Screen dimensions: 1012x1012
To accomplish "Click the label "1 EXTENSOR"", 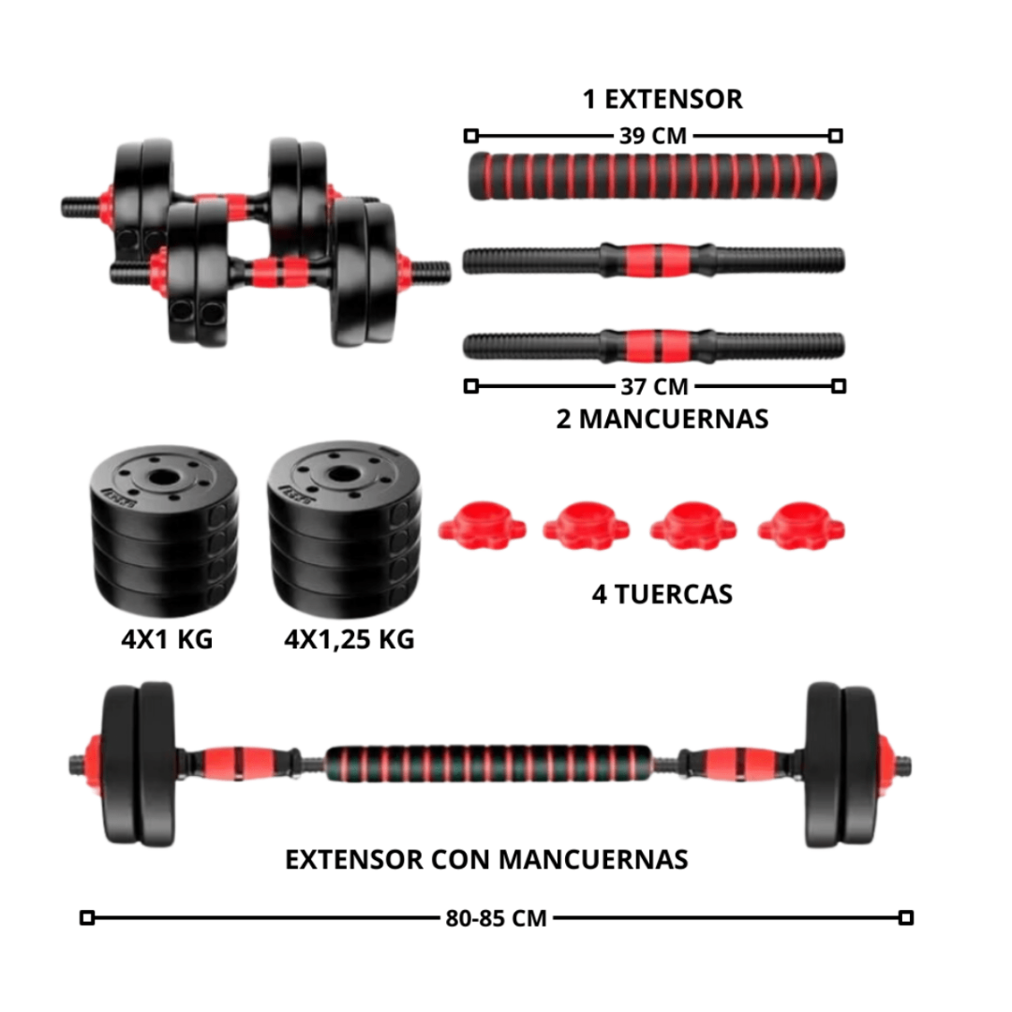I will (662, 99).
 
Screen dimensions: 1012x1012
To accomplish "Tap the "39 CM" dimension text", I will (652, 136).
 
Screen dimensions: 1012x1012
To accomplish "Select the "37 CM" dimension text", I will (653, 385).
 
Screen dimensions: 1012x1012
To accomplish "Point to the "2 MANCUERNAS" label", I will (662, 418).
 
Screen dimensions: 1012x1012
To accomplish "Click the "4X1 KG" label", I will (167, 639).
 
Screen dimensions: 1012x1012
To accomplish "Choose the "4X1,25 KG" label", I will (349, 639).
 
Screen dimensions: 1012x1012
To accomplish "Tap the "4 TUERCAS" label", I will (662, 593).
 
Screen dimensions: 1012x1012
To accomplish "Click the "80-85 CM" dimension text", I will (497, 917).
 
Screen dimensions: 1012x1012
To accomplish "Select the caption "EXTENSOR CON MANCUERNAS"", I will (486, 858).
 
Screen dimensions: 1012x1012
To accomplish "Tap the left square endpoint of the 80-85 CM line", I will (87, 917).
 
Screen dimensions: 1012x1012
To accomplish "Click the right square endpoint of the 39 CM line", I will (836, 136).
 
